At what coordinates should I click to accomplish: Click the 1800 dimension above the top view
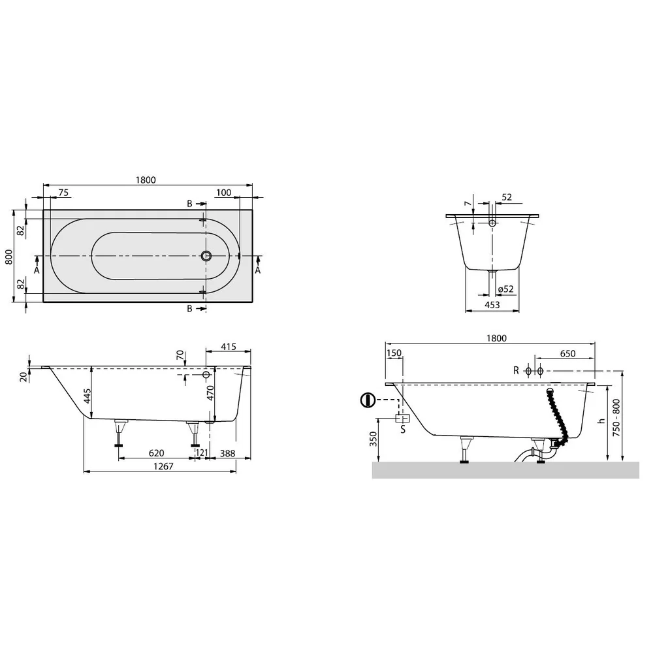(146, 180)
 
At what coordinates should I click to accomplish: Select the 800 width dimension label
(8, 257)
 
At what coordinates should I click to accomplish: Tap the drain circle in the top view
(206, 256)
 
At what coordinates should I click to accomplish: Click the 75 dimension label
(63, 193)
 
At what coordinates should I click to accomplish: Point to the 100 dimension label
(223, 193)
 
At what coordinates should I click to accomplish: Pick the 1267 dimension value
(163, 466)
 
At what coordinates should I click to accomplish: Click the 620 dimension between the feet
(156, 453)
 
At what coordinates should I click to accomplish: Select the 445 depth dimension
(87, 396)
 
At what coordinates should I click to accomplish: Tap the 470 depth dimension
(210, 393)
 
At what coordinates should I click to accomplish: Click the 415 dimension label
(228, 347)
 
